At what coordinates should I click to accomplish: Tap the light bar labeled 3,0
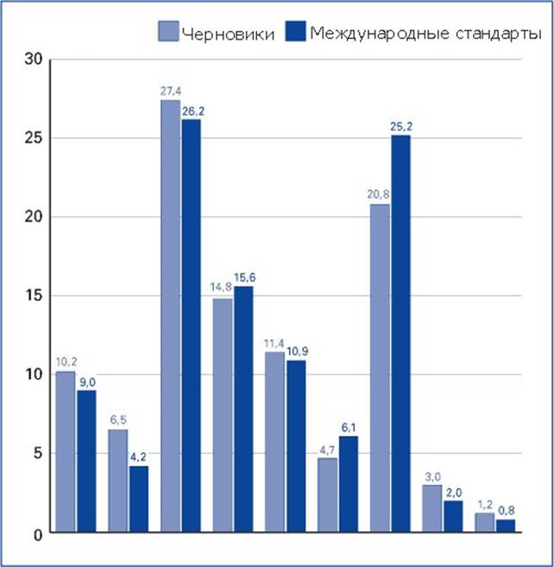pos(432,508)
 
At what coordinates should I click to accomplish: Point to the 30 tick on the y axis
pos(34,60)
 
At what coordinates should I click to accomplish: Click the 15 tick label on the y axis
pos(34,296)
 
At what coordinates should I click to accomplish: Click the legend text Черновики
pos(229,34)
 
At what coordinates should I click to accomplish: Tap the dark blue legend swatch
pos(296,33)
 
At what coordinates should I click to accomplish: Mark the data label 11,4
pos(275,344)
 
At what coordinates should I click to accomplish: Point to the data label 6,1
pos(349,428)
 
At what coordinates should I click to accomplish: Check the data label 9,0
pos(86,382)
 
